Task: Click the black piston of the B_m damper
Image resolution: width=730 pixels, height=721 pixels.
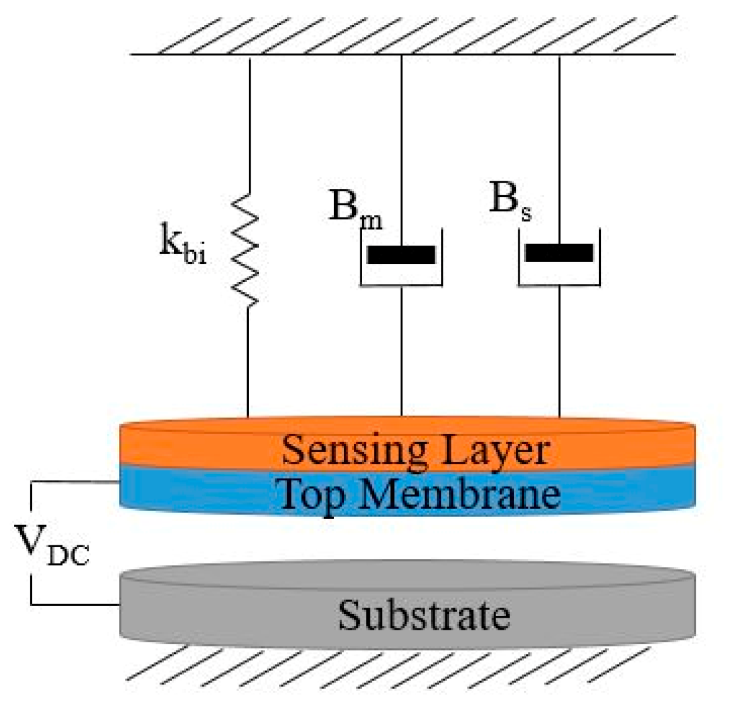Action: click(401, 254)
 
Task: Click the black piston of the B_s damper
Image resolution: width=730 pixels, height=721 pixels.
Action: click(559, 253)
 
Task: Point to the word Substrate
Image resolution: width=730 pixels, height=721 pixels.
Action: click(423, 615)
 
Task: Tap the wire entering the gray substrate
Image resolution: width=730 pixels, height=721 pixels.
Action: click(76, 605)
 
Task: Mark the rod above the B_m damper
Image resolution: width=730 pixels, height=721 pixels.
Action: click(401, 139)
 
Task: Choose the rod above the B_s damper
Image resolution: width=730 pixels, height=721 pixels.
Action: click(559, 139)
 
